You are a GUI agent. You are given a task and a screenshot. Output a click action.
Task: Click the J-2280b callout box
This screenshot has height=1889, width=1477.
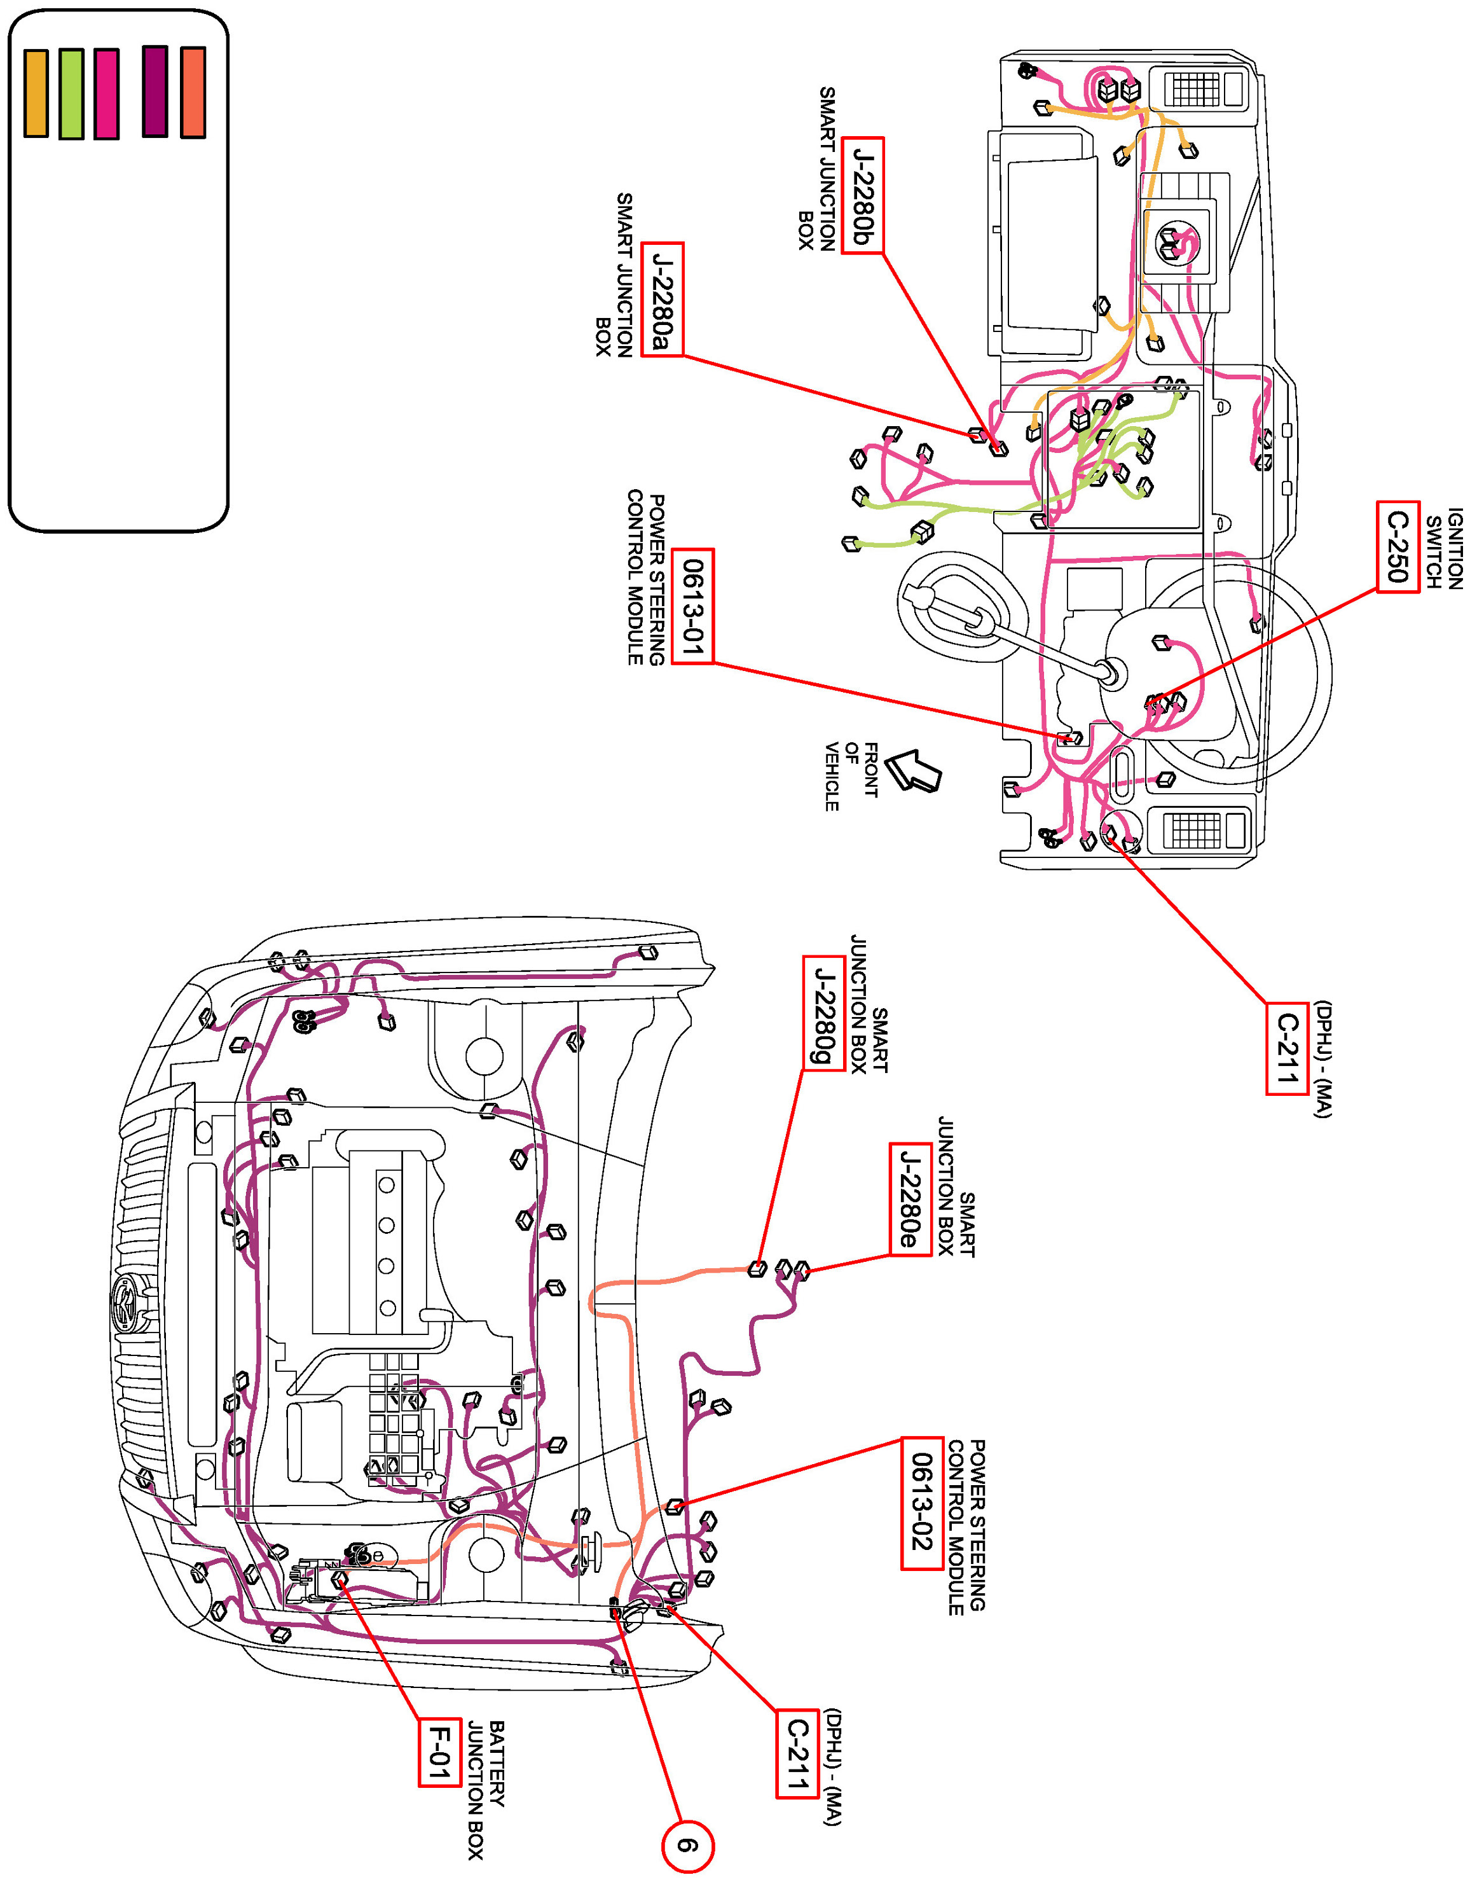862,195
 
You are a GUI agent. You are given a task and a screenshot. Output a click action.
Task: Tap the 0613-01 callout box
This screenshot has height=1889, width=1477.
692,606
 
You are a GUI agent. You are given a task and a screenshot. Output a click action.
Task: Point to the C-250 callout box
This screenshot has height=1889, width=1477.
1398,546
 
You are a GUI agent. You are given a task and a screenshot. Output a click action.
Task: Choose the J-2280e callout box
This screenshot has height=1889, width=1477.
910,1199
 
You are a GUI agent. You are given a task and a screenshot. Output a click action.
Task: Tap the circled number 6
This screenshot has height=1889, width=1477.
687,1846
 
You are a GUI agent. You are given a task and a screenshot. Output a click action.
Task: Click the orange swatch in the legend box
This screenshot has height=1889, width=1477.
36,93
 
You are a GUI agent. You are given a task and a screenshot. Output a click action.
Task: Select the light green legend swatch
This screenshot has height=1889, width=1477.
72,93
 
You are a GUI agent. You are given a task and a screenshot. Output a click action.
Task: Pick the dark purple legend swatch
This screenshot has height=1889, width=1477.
155,92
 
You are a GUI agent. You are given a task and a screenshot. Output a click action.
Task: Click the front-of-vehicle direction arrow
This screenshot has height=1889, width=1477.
913,769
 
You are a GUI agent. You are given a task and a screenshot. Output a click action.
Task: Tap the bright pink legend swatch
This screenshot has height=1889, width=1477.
106,93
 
